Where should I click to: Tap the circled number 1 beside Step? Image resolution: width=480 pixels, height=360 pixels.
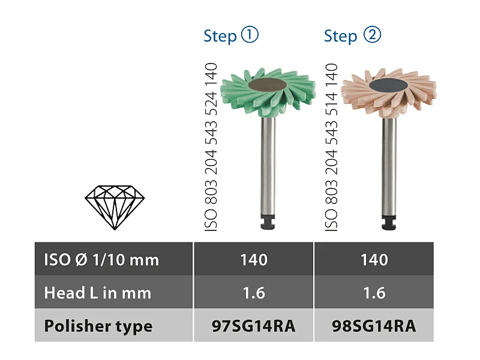point(250,35)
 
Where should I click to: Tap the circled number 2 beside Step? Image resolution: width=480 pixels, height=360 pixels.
point(372,35)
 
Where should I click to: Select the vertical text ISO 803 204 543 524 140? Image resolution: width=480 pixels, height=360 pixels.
point(210,147)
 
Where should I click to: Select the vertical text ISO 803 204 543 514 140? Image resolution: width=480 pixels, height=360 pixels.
point(331,147)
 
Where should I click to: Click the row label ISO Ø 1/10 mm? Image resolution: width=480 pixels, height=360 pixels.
point(101,260)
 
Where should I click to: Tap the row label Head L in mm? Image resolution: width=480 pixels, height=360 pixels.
point(97,293)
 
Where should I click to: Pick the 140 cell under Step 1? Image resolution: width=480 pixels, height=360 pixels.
point(253,260)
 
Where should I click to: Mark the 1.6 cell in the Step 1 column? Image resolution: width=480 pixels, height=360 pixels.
point(253,293)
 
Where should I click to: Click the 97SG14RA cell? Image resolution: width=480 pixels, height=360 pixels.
point(253,326)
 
